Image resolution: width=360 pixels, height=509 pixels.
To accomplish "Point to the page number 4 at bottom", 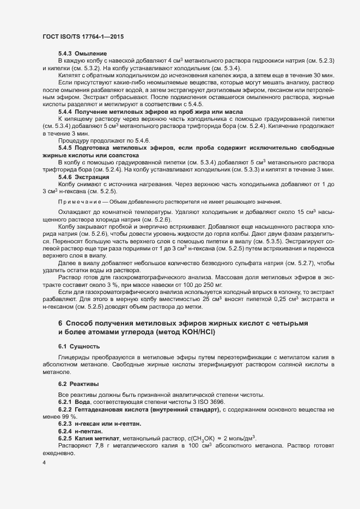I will [x=44, y=462].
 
